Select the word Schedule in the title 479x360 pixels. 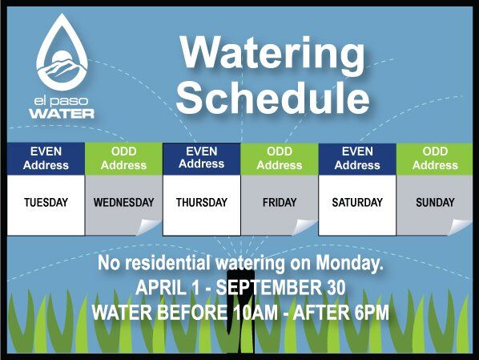point(273,97)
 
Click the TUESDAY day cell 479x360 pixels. point(46,205)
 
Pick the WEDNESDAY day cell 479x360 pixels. point(123,205)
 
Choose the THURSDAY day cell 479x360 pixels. point(202,205)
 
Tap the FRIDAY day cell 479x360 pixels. point(280,205)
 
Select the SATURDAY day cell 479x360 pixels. point(357,205)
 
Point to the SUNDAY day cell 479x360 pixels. point(435,205)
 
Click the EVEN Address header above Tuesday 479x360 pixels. point(46,159)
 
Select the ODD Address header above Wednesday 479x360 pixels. point(123,159)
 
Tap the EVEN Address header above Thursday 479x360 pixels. point(202,159)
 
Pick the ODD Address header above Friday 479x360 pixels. point(280,159)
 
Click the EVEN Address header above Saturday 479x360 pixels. point(357,159)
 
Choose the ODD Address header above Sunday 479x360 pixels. point(435,159)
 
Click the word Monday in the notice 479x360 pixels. point(349,263)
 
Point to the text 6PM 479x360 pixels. point(372,312)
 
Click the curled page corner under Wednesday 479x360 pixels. point(149,227)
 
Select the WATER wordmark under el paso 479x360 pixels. point(62,114)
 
